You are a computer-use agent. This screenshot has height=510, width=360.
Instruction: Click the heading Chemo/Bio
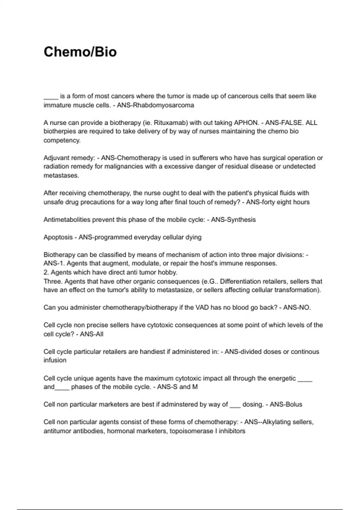(80, 52)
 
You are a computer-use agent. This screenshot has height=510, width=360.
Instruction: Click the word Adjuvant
(56, 158)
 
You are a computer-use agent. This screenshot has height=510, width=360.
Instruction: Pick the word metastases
(61, 175)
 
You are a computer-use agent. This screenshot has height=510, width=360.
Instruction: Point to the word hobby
(168, 272)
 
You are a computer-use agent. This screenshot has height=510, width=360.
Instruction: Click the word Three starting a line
(52, 281)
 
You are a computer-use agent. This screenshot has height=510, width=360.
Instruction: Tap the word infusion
(55, 360)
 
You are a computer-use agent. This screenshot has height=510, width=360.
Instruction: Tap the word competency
(61, 140)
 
